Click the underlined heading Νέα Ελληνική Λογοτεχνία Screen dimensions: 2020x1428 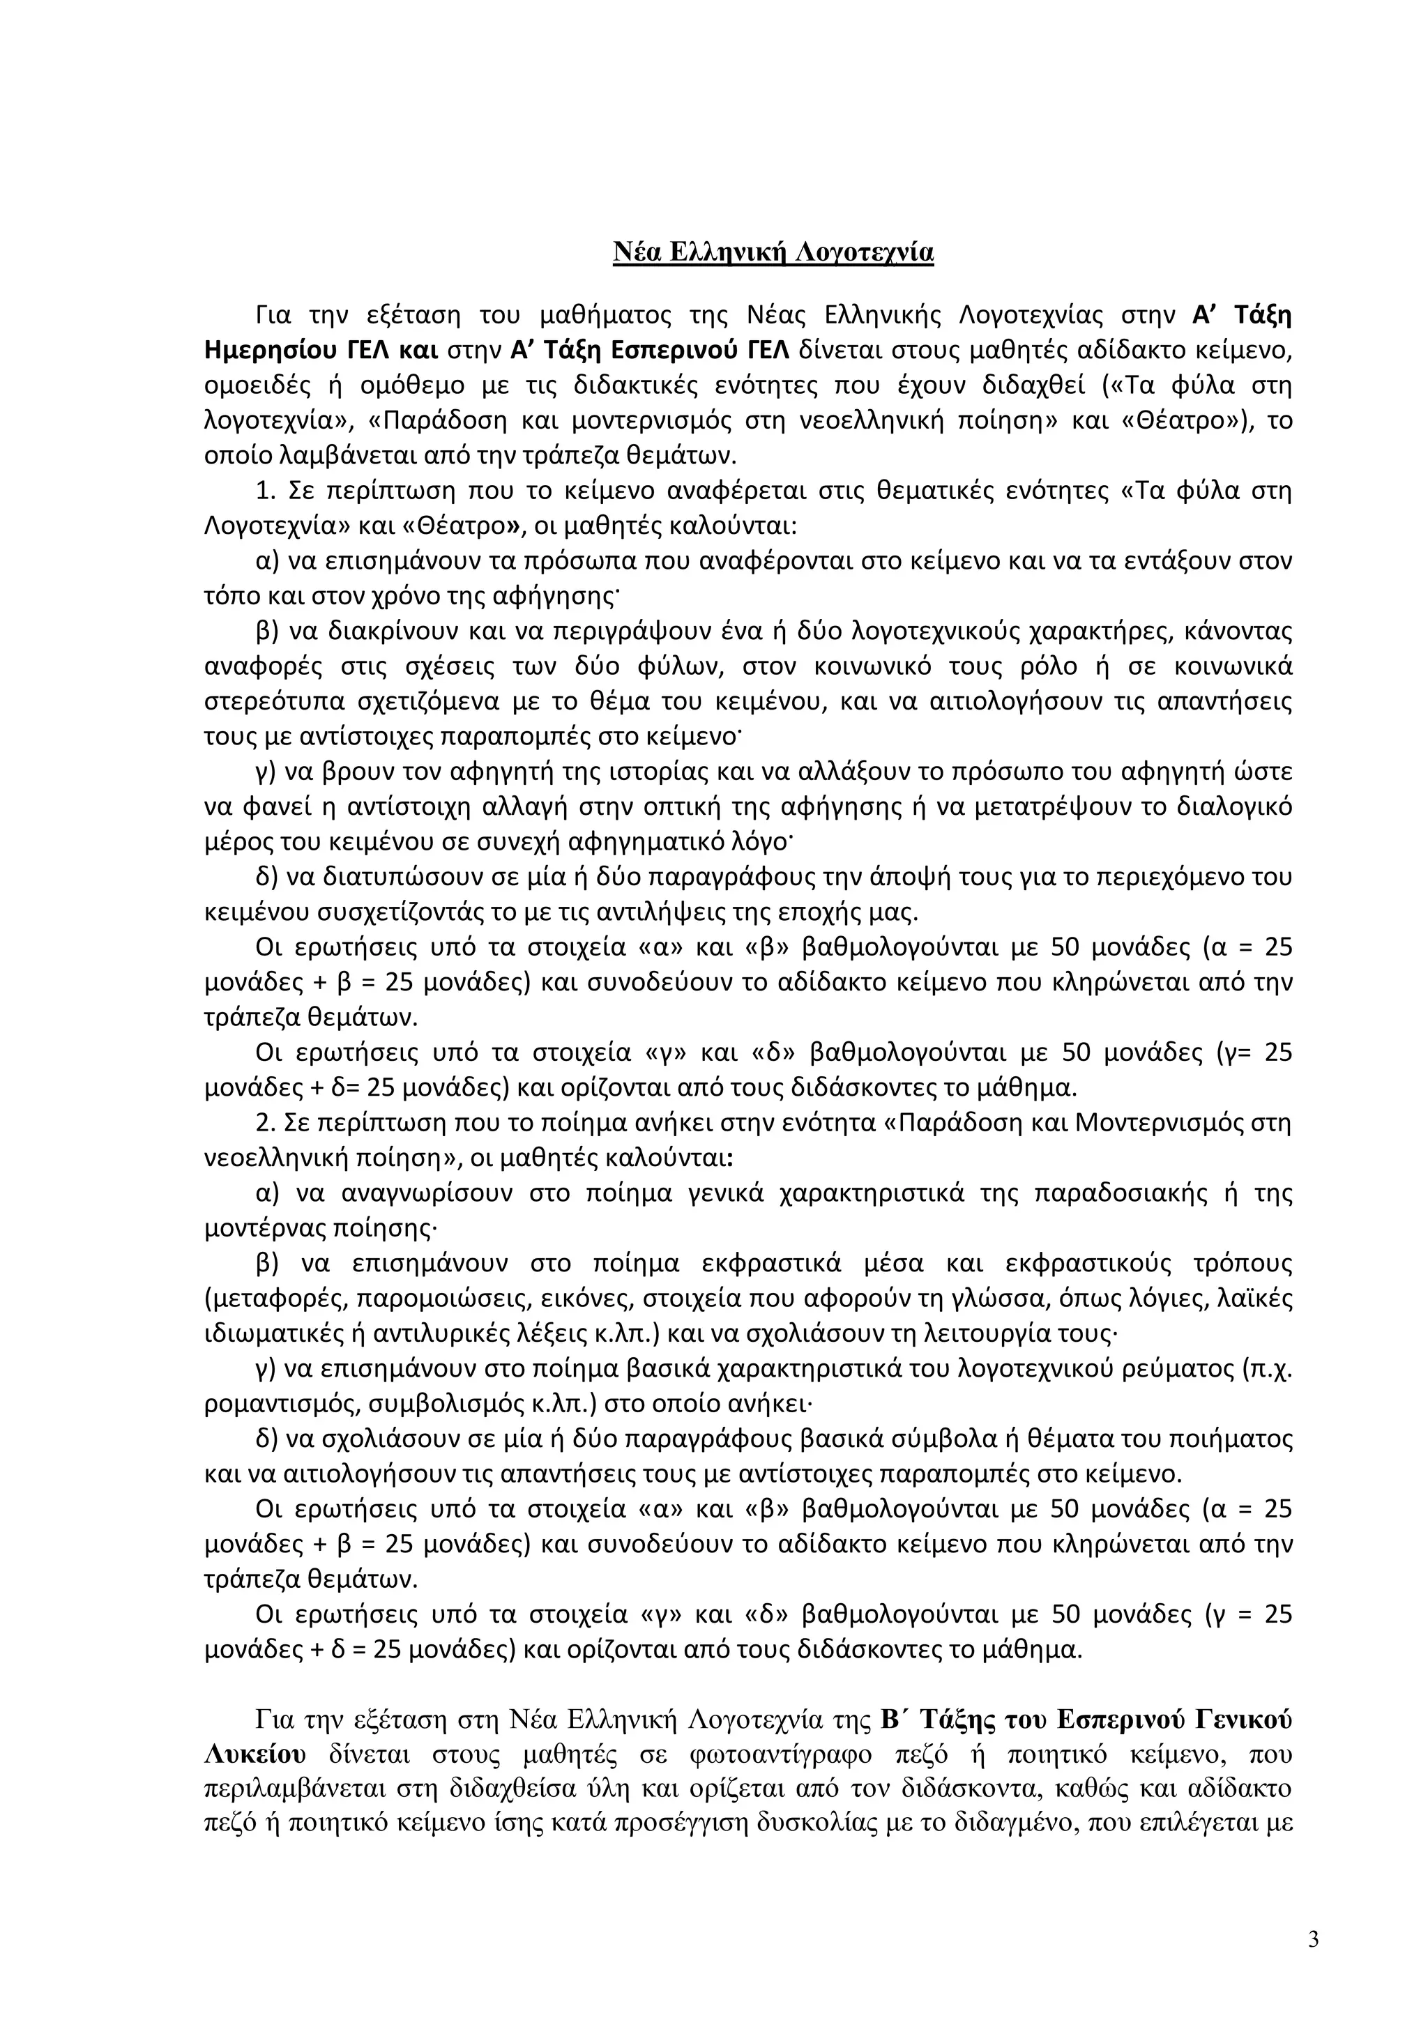point(773,254)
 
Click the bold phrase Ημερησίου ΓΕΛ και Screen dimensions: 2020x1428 point(321,350)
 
